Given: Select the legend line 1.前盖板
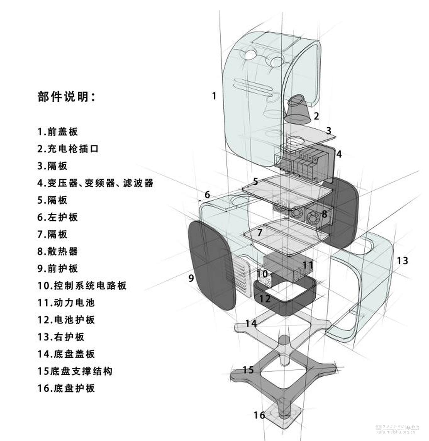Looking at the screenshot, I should coord(57,132).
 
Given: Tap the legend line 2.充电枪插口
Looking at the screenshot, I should coord(68,149).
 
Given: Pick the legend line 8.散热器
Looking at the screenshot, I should coord(57,251).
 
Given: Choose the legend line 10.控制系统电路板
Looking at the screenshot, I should coord(82,285).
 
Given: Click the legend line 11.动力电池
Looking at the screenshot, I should coord(66,303).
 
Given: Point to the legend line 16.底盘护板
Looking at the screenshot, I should coord(66,388).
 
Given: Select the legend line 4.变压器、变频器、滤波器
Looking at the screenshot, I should coord(95,183).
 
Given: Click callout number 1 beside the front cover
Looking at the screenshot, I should coord(214,96).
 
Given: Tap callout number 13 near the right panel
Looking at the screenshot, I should coord(402,261).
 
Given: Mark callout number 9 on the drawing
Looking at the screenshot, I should coord(191,278).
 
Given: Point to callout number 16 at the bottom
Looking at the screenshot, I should coord(259,415).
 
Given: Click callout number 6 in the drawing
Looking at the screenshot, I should coord(207,195).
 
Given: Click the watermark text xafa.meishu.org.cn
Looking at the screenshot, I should coord(396,432).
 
